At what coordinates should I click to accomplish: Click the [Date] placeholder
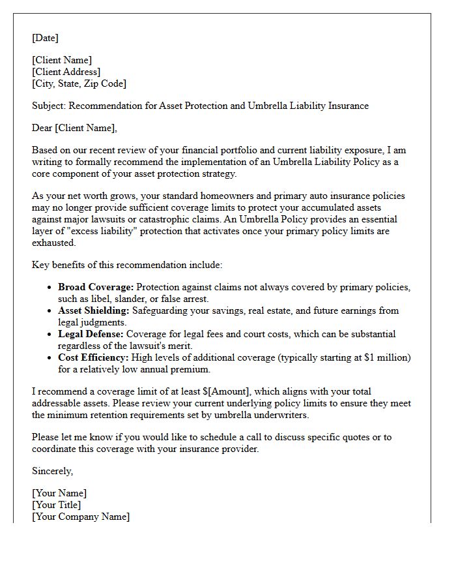(45, 38)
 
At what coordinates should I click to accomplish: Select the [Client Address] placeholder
(66, 72)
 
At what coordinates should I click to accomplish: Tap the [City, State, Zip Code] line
(79, 83)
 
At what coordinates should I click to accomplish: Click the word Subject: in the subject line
(49, 106)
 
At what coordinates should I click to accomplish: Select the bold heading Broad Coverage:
(96, 287)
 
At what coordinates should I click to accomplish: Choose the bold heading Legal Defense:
(93, 334)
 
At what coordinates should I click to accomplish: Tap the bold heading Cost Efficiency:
(94, 357)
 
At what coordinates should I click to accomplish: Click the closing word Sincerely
(52, 470)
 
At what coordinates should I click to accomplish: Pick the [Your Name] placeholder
(59, 493)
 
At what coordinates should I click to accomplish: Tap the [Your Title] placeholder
(57, 505)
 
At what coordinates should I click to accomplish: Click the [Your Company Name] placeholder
(81, 517)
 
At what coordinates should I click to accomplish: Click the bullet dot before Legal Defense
(50, 334)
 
